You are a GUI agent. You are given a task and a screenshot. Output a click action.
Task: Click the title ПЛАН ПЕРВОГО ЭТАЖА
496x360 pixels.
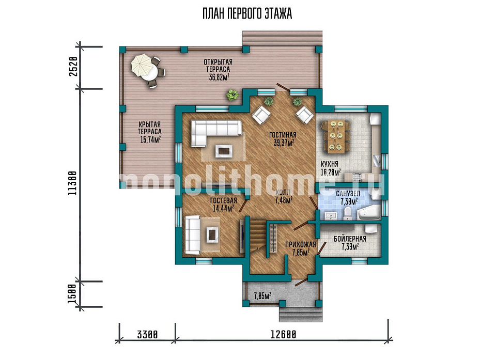[x=247, y=14]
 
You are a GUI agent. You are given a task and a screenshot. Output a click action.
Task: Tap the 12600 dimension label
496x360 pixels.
[x=283, y=334]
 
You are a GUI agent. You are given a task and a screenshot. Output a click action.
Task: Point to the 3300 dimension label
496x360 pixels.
[x=147, y=334]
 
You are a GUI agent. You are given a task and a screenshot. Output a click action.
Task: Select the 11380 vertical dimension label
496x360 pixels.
[x=72, y=183]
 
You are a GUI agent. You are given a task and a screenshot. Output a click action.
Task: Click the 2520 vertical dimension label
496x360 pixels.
[x=73, y=67]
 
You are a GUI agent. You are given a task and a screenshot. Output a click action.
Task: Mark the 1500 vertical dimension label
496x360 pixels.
[x=72, y=294]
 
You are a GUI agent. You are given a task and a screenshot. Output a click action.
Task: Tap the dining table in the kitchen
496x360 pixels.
[x=336, y=136]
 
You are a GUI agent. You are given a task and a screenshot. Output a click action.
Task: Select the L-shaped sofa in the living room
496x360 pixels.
[x=216, y=133]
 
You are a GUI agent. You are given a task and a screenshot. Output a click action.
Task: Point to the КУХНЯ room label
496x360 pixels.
[x=330, y=164]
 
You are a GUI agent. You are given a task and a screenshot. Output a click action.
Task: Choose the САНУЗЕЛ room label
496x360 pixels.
[x=348, y=194]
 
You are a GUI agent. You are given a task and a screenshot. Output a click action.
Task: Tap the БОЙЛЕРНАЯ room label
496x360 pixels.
[x=350, y=239]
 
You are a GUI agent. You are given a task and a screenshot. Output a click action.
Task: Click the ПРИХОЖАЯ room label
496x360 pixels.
[x=301, y=244]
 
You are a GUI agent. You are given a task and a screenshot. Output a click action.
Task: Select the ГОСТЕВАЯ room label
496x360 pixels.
[x=224, y=200]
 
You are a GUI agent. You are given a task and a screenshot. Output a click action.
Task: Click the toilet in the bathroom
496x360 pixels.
[x=347, y=213]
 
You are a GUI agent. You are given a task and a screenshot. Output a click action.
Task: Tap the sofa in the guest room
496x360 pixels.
[x=193, y=234]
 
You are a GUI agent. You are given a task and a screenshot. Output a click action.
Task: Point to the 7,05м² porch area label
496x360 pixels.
[x=262, y=296]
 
